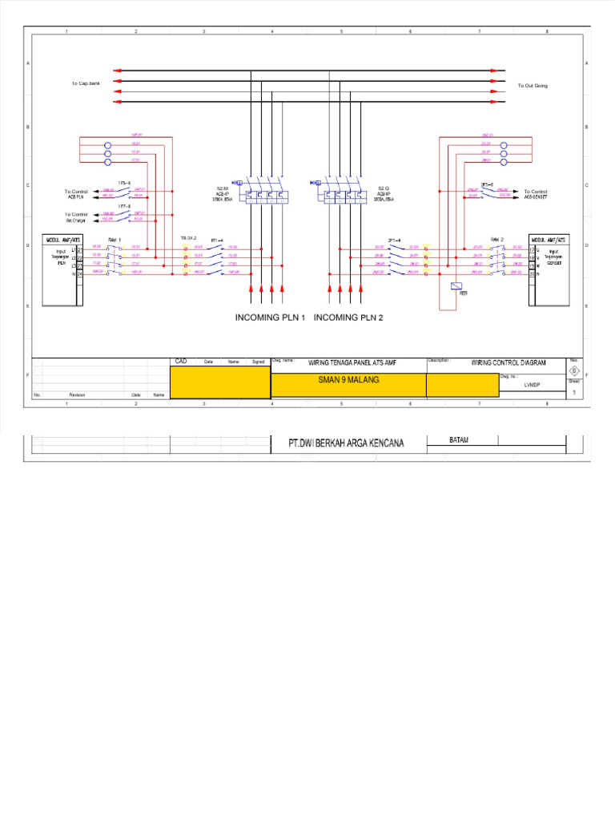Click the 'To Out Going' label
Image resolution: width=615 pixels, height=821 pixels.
tap(533, 85)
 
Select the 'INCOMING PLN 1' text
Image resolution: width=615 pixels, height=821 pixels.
tap(271, 317)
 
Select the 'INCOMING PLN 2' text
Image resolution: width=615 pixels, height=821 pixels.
tap(348, 317)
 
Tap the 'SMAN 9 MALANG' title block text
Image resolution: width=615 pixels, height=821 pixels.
tap(348, 380)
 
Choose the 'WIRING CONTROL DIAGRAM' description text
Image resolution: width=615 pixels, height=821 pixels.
tap(508, 363)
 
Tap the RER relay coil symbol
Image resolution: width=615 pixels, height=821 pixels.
tap(456, 286)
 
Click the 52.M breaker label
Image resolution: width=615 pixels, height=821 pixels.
tap(223, 187)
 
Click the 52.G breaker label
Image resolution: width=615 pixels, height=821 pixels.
tap(384, 187)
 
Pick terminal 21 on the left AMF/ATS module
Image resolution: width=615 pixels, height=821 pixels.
tap(80, 250)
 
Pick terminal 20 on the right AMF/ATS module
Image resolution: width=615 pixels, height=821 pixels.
tap(532, 275)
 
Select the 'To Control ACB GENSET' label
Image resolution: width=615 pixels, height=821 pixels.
tap(535, 195)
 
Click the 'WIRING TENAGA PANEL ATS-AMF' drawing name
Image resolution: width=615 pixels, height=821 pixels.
tap(352, 363)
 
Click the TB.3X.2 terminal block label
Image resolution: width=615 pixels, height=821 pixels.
tap(188, 239)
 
